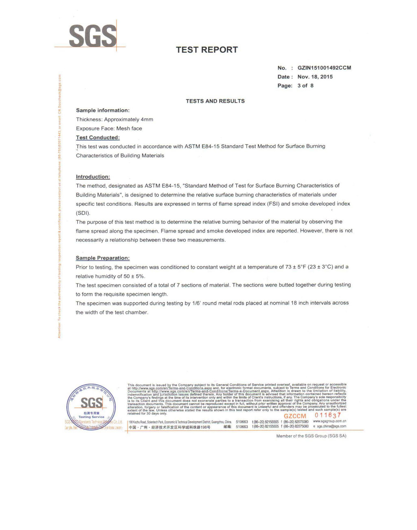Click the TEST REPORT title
(x=206, y=50)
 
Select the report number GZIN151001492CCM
(x=324, y=68)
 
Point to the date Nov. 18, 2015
(x=315, y=77)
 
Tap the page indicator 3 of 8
(x=305, y=86)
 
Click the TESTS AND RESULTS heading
(x=215, y=101)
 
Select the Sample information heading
(x=103, y=110)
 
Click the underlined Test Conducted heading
(x=98, y=137)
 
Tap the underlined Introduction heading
(x=93, y=177)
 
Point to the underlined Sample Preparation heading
(x=103, y=258)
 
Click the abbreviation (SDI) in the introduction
(x=83, y=213)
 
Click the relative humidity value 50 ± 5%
(x=134, y=276)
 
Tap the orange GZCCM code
(x=295, y=416)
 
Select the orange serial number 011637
(x=328, y=415)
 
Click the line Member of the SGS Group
(x=311, y=436)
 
